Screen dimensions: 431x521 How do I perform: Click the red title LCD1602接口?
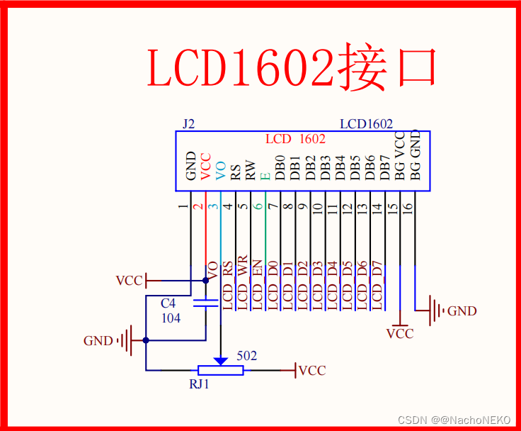pyautogui.click(x=292, y=67)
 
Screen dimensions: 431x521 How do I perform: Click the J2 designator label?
pyautogui.click(x=188, y=124)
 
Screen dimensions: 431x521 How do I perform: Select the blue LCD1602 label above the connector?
pyautogui.click(x=366, y=124)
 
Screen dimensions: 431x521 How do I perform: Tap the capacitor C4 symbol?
pyautogui.click(x=206, y=304)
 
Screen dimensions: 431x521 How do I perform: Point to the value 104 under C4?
pyautogui.click(x=171, y=318)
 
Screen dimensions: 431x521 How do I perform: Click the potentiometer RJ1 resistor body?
pyautogui.click(x=220, y=370)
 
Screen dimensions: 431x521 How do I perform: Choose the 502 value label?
pyautogui.click(x=247, y=356)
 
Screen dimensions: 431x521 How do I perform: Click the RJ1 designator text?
pyautogui.click(x=199, y=384)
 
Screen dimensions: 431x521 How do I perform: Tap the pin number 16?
pyautogui.click(x=407, y=208)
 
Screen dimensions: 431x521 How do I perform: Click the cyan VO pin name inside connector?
pyautogui.click(x=221, y=169)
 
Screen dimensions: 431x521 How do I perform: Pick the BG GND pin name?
pyautogui.click(x=416, y=154)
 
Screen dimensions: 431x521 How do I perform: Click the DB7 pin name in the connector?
pyautogui.click(x=385, y=167)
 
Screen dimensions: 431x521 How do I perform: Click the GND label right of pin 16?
pyautogui.click(x=462, y=311)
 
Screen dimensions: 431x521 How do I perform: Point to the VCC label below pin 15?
pyautogui.click(x=400, y=334)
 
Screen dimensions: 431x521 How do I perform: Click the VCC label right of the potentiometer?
pyautogui.click(x=312, y=371)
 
